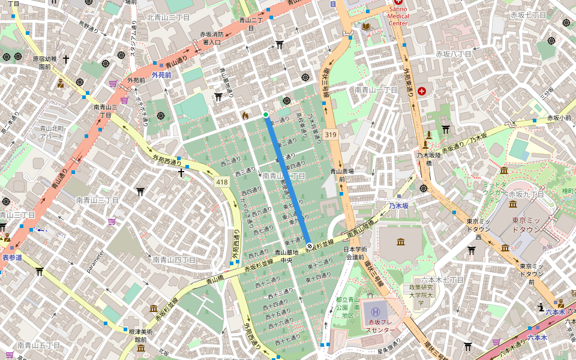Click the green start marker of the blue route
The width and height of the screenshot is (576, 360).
pos(266,114)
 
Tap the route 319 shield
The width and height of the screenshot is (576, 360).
pos(331,135)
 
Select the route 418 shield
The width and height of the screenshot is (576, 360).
pos(223,181)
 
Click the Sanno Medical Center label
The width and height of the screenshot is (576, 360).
pos(398,16)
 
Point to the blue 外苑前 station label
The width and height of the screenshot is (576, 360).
pos(161,75)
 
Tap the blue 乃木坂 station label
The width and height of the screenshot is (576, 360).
pos(398,205)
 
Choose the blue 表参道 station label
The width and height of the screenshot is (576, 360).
pos(12,257)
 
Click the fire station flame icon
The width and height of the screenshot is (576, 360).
pos(245,115)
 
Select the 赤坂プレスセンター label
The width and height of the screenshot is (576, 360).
pos(380,326)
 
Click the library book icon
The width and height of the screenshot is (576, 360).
pos(366,27)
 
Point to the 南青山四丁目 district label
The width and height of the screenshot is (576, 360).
pos(174,260)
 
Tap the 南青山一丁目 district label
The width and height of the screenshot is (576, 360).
pos(376,89)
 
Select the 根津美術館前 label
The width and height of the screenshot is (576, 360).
pos(140,335)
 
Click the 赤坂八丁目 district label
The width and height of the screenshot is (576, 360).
pos(454,54)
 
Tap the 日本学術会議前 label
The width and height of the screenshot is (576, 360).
pos(354,253)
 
